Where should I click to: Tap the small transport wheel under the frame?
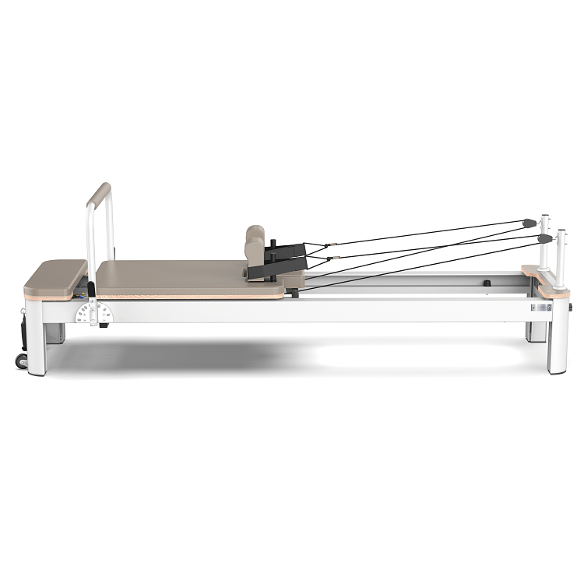pos(22,361)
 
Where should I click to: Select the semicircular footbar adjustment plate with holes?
pos(93,313)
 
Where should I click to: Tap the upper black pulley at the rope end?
pos(530,223)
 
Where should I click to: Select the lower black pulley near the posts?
pos(545,238)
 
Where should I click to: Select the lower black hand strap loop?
pos(272,269)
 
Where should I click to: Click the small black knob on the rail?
pos(487,283)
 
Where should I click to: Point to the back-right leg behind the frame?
pos(536,331)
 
